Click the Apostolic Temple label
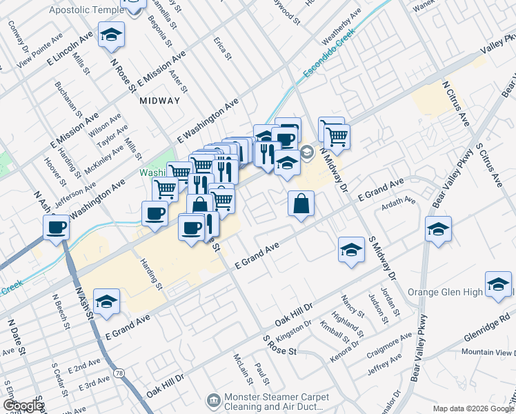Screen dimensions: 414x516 point(83,11)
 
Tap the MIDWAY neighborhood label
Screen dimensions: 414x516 point(159,101)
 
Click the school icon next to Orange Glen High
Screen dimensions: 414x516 point(498,284)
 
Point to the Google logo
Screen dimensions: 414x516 point(22,406)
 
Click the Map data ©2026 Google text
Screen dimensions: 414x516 point(474,408)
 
